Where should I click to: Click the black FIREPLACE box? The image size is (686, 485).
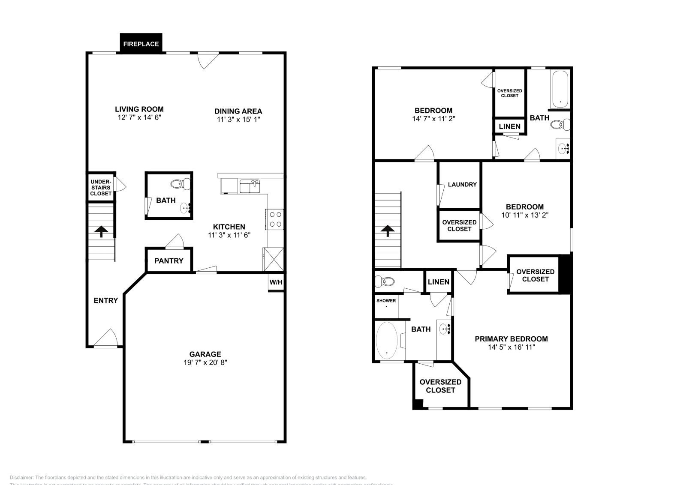coord(141,44)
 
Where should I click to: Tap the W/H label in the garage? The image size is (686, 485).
coord(276,282)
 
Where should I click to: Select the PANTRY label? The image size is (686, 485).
coord(169,260)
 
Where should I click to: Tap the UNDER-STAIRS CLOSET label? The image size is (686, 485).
coord(101,188)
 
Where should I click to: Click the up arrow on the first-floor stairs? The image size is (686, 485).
coord(101,232)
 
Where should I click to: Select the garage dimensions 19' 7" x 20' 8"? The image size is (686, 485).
coord(205,362)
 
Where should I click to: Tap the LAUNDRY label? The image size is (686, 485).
coord(462,185)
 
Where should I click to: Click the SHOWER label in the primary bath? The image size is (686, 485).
coord(386,301)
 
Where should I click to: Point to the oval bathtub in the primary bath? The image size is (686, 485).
coord(387,341)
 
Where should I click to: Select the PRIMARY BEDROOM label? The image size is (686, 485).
coord(511,339)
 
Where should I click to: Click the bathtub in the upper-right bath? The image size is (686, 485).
coord(560,89)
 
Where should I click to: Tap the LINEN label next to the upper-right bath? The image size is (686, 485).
coord(510,126)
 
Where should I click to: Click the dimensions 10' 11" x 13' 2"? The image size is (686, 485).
coord(525,215)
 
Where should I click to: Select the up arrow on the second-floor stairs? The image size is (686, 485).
coord(388,231)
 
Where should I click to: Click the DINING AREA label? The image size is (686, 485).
coord(238,111)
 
